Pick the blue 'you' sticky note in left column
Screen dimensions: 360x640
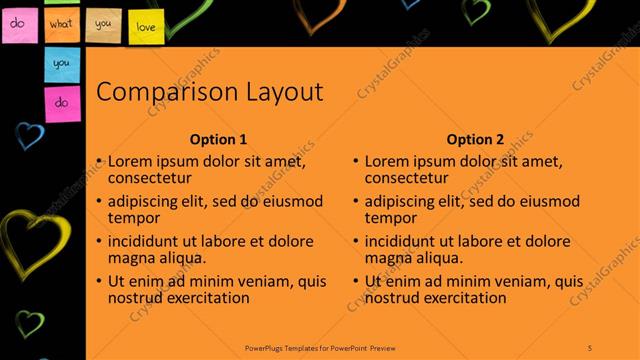coord(61,63)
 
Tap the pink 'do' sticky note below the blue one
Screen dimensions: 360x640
coord(61,102)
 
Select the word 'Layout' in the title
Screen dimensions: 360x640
coord(284,93)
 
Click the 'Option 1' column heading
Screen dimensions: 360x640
coord(218,140)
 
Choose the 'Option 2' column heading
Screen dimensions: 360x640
coord(476,140)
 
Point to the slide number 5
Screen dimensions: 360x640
coord(591,347)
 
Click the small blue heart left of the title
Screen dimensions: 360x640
coord(31,135)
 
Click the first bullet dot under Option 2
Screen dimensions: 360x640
coord(356,161)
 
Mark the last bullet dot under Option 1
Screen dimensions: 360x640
coord(99,281)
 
